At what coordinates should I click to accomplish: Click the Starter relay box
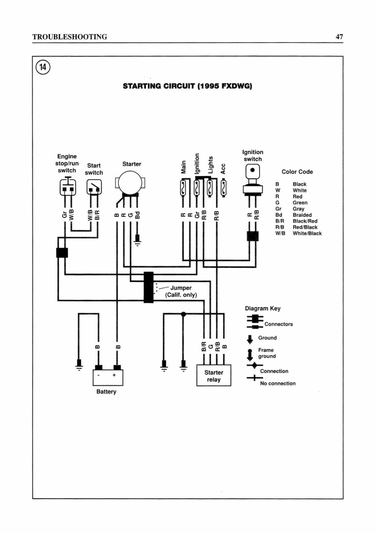click(x=214, y=375)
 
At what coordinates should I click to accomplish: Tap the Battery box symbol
click(x=108, y=377)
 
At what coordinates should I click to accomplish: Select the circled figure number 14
click(x=43, y=67)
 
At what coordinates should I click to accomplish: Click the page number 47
click(x=339, y=36)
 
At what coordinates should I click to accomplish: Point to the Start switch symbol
click(x=94, y=187)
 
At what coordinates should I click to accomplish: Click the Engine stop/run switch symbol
click(x=68, y=186)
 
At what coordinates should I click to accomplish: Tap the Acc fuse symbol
click(x=223, y=188)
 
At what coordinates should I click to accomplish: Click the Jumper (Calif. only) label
click(x=181, y=291)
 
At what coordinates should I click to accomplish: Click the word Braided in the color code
click(x=302, y=215)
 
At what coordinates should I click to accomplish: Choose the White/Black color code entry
click(x=298, y=233)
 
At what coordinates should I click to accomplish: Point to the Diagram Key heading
click(x=263, y=308)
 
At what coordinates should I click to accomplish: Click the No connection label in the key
click(x=278, y=383)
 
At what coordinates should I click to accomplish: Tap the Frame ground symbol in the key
click(x=250, y=355)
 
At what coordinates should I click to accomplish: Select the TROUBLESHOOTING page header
click(x=70, y=37)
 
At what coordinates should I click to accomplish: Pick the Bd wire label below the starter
click(x=137, y=215)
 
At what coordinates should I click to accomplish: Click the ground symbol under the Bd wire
click(x=137, y=240)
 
